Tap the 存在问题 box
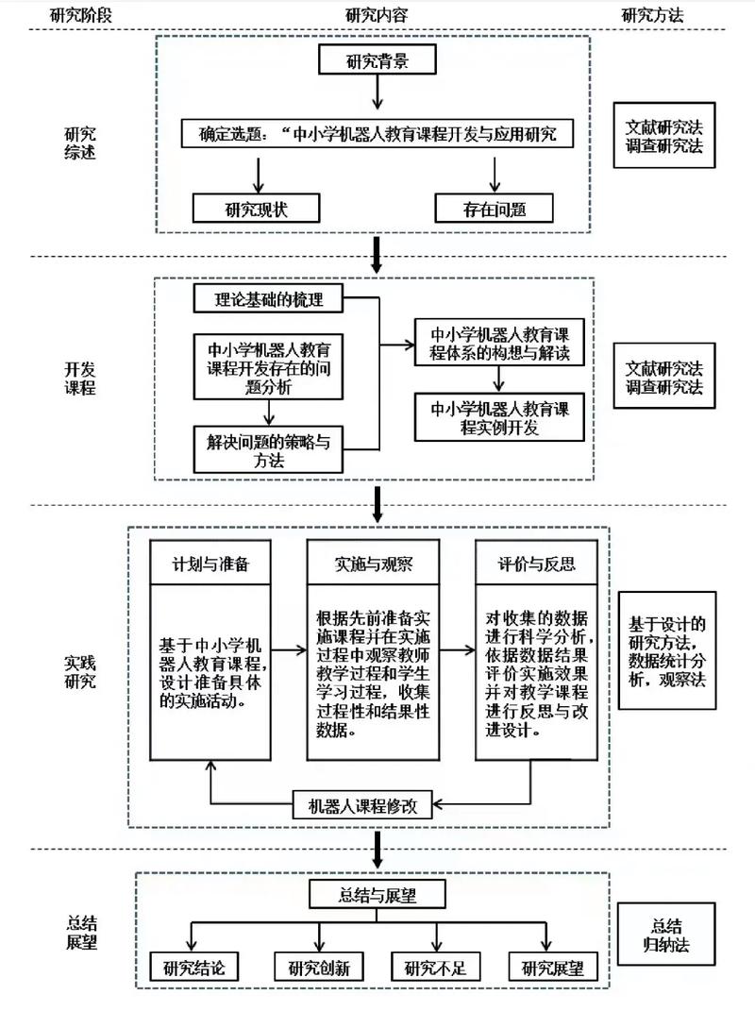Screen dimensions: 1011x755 494,208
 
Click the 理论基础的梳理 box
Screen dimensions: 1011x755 269,300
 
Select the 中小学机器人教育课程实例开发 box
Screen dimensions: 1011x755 500,417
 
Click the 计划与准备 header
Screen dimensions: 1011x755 210,564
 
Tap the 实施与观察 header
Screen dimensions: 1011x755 374,564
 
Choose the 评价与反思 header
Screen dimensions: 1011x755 536,564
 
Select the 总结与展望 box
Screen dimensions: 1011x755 377,895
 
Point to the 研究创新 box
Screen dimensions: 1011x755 319,968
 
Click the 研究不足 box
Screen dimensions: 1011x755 436,968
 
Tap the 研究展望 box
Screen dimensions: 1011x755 553,968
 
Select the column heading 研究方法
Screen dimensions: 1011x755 652,15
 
